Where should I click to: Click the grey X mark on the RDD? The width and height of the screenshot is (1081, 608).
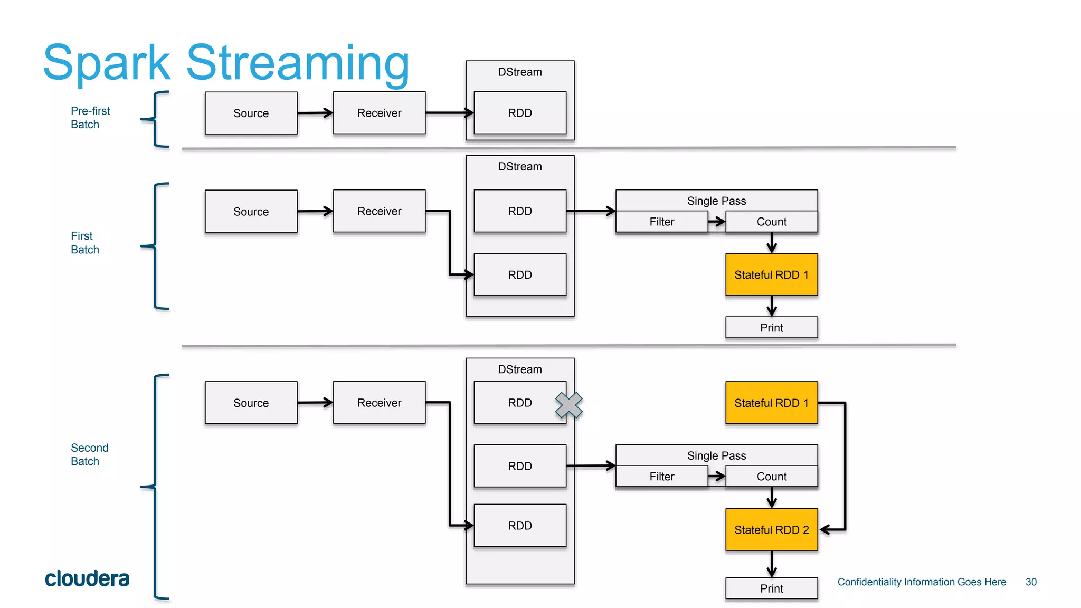(568, 405)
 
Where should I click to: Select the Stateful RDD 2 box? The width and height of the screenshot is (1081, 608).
(771, 529)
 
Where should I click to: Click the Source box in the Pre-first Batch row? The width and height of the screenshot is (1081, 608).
(251, 113)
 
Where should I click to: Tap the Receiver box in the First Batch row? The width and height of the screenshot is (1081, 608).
(379, 211)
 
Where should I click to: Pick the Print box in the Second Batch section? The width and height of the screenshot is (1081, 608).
(771, 588)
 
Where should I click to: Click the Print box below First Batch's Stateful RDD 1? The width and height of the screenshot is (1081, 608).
(771, 327)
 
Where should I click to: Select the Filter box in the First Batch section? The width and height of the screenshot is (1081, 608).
(661, 222)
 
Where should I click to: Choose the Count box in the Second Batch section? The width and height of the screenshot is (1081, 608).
(771, 476)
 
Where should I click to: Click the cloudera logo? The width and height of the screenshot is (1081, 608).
(87, 578)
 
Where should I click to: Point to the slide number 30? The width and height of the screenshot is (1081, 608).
(1031, 582)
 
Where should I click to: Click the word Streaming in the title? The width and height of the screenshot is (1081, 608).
(298, 63)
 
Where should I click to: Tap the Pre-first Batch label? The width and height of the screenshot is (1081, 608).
(90, 118)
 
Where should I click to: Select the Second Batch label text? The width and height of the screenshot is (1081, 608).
(89, 454)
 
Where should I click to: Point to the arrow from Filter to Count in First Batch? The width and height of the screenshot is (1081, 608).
(716, 222)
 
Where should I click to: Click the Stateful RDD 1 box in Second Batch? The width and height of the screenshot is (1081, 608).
(771, 403)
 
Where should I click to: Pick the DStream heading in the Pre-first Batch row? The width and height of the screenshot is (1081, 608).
(519, 72)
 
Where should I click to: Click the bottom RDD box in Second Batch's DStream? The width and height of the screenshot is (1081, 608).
(519, 525)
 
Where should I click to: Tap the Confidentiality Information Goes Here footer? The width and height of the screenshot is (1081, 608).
(922, 582)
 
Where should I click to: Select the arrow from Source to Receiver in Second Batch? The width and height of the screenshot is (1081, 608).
(315, 403)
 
